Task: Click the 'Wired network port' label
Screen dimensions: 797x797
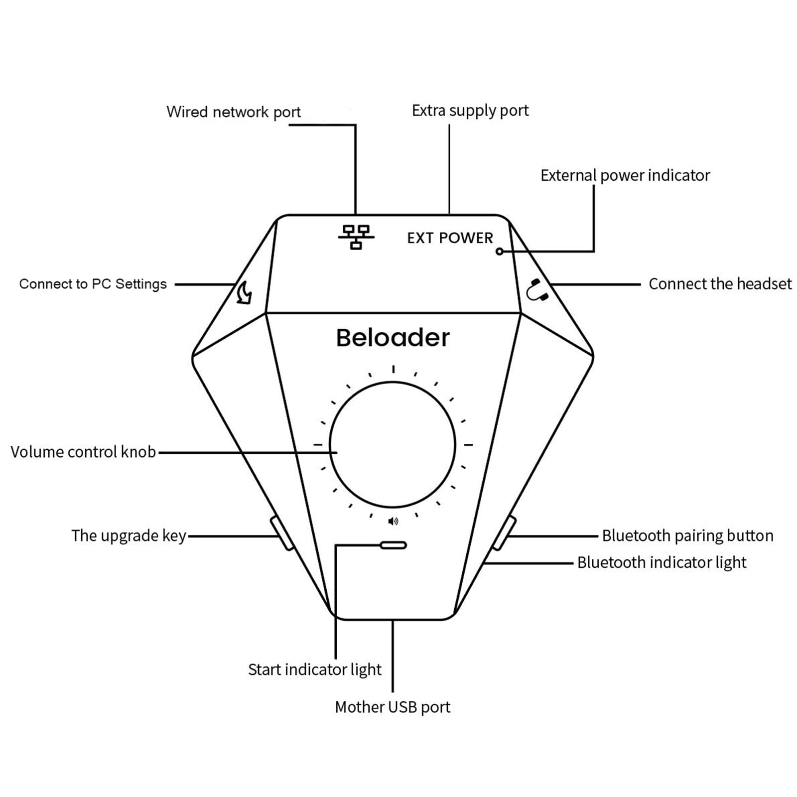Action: pos(233,112)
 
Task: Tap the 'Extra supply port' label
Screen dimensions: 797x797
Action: pos(470,111)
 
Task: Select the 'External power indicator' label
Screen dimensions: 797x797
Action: pos(625,175)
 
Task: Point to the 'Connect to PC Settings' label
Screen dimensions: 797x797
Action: pos(93,284)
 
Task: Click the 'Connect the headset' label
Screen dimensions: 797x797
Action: pos(719,284)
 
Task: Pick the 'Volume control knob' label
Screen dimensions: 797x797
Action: pos(83,452)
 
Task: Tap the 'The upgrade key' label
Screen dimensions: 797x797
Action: pos(129,535)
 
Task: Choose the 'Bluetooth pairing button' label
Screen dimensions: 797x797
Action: pos(687,535)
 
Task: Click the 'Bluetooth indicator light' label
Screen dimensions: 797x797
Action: pos(662,562)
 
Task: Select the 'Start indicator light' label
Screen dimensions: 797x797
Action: pos(314,669)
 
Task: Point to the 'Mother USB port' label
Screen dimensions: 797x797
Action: pos(393,707)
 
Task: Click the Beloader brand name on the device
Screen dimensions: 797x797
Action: pos(393,338)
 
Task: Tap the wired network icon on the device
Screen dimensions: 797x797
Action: pos(356,237)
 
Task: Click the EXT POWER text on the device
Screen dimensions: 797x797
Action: pos(450,238)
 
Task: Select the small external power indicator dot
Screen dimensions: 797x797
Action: pos(499,252)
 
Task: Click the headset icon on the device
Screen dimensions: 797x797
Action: pos(537,290)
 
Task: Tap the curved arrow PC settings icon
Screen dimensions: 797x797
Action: pos(244,292)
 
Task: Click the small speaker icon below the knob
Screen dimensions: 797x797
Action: pos(393,521)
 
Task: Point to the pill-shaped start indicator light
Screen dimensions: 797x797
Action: pos(393,545)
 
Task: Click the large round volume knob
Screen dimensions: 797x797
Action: pos(393,445)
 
